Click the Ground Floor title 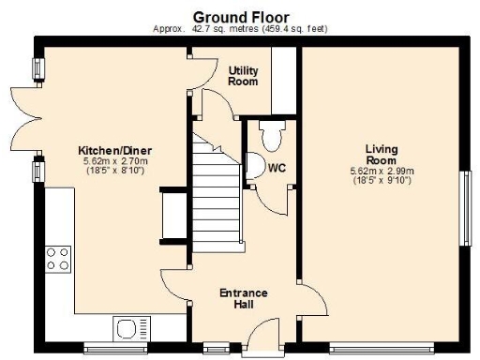pos(241,17)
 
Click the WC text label pos(277,169)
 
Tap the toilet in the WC pos(273,136)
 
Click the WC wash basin pos(252,168)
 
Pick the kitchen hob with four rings pos(57,258)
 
